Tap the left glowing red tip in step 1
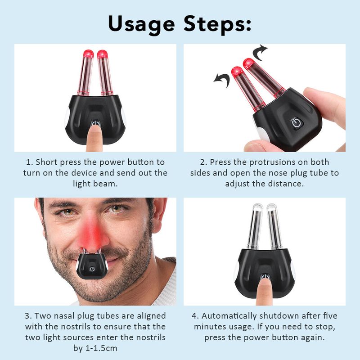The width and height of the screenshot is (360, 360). click(x=88, y=54)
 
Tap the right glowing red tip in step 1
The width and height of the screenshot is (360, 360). click(x=103, y=54)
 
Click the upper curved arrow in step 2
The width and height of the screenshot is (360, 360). click(x=260, y=52)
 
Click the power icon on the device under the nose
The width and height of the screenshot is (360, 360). click(x=92, y=269)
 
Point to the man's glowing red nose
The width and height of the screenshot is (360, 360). click(x=94, y=234)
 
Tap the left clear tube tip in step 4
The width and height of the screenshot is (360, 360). click(x=257, y=207)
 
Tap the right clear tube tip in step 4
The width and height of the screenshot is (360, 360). click(x=272, y=207)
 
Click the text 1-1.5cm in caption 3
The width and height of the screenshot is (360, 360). click(x=101, y=348)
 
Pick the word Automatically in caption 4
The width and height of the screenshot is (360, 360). click(x=229, y=316)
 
